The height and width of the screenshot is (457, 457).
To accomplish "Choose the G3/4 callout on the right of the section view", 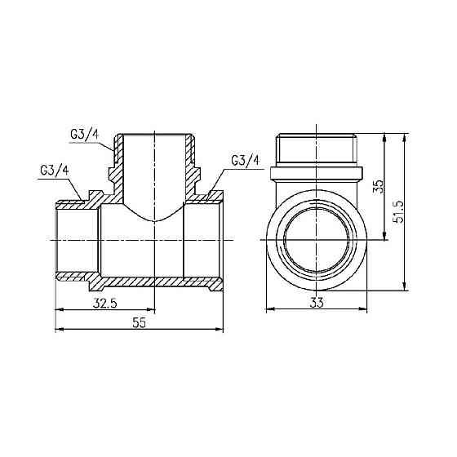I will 245,159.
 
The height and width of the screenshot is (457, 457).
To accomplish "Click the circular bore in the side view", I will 317,238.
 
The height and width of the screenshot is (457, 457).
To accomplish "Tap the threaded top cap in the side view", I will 317,148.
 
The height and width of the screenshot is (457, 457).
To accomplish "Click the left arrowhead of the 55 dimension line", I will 59,330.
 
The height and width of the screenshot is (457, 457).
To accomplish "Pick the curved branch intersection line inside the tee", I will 154,220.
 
